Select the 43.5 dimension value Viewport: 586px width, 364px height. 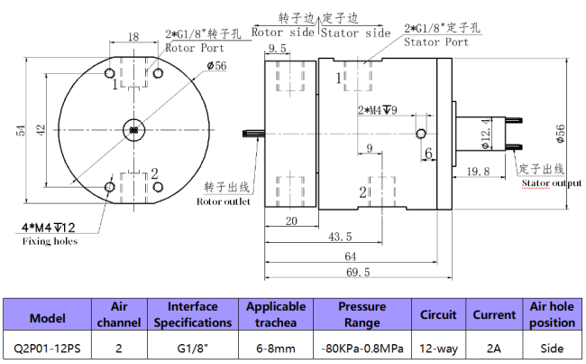click(340, 237)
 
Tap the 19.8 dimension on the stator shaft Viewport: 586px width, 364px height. click(478, 171)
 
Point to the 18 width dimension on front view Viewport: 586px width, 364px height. click(133, 37)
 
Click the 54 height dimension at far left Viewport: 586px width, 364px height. click(21, 131)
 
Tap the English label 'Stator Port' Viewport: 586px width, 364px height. click(436, 42)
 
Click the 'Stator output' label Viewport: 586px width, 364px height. click(551, 183)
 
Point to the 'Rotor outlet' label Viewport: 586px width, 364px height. click(224, 201)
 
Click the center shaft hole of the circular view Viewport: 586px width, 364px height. click(133, 131)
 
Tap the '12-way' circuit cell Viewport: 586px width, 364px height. click(439, 347)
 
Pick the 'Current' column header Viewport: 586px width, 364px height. click(494, 315)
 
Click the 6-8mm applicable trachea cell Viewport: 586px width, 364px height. click(276, 347)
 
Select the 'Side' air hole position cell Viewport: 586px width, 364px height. click(552, 347)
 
